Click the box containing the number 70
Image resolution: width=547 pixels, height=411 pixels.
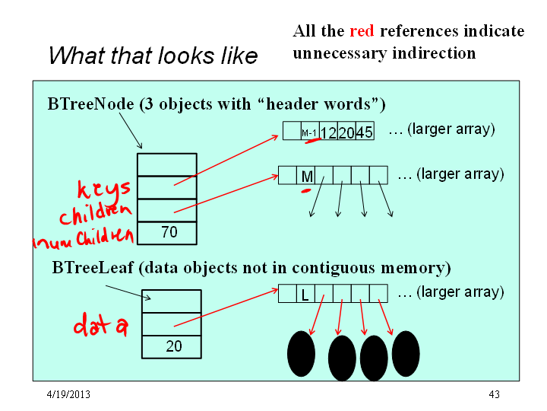click(x=167, y=233)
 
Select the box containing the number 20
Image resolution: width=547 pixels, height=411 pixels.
click(x=172, y=347)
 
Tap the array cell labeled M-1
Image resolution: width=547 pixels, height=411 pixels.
click(x=310, y=131)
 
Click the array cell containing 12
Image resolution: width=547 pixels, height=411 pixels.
click(x=329, y=131)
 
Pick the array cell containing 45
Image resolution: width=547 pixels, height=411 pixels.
click(x=365, y=131)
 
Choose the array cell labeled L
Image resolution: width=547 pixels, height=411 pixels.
click(x=305, y=294)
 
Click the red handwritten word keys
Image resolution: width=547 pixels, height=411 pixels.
click(x=103, y=189)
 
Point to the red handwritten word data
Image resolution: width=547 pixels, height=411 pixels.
click(x=101, y=325)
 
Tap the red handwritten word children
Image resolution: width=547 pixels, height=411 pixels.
click(x=96, y=214)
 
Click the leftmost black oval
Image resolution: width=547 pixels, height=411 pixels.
click(x=301, y=354)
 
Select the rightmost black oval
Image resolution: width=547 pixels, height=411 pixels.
click(x=406, y=354)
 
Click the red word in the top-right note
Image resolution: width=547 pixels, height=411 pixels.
click(x=362, y=31)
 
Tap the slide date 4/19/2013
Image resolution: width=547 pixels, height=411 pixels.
click(x=68, y=394)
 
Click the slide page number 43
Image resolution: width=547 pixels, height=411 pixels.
click(x=494, y=394)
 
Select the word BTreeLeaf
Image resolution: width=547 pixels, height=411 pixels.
click(x=93, y=268)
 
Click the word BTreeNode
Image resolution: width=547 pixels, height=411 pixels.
click(x=90, y=104)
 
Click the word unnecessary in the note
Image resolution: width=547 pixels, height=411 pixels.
click(x=340, y=53)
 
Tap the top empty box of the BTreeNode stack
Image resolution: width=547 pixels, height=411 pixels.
click(x=167, y=164)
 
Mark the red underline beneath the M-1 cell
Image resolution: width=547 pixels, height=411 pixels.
click(x=313, y=141)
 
